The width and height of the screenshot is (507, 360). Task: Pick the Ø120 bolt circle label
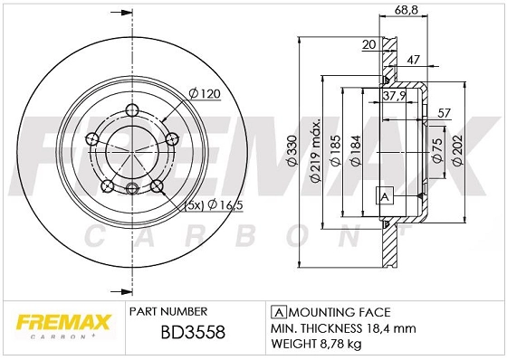[205, 92]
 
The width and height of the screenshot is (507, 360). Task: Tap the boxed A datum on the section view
[384, 197]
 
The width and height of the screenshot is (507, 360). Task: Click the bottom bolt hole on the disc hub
[132, 189]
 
